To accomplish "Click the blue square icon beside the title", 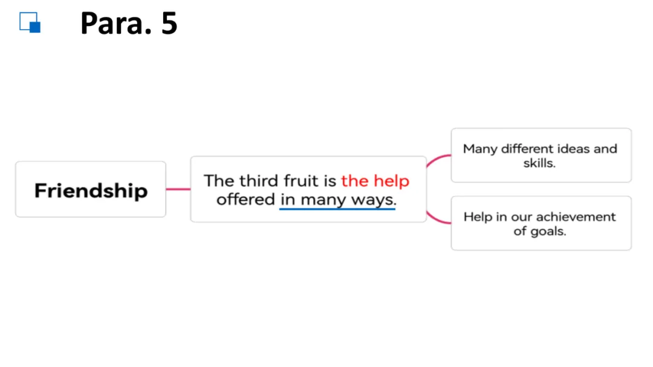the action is coord(30,22).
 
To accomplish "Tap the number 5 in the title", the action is coord(169,24).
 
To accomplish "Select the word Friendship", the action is coord(91,191).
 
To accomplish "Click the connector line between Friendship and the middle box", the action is coord(178,189).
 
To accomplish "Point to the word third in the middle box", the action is coord(259,181).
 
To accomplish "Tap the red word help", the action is coord(391,181).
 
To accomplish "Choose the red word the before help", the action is coord(355,181).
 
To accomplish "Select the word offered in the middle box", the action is coord(245,199).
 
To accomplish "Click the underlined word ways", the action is coord(373,200).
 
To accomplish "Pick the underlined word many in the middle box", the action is coord(323,200).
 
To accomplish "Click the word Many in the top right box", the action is coord(479,149).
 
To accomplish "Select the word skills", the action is coord(539,163).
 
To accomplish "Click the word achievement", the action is coord(576,216).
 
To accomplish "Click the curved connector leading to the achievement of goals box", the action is coord(437,219).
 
